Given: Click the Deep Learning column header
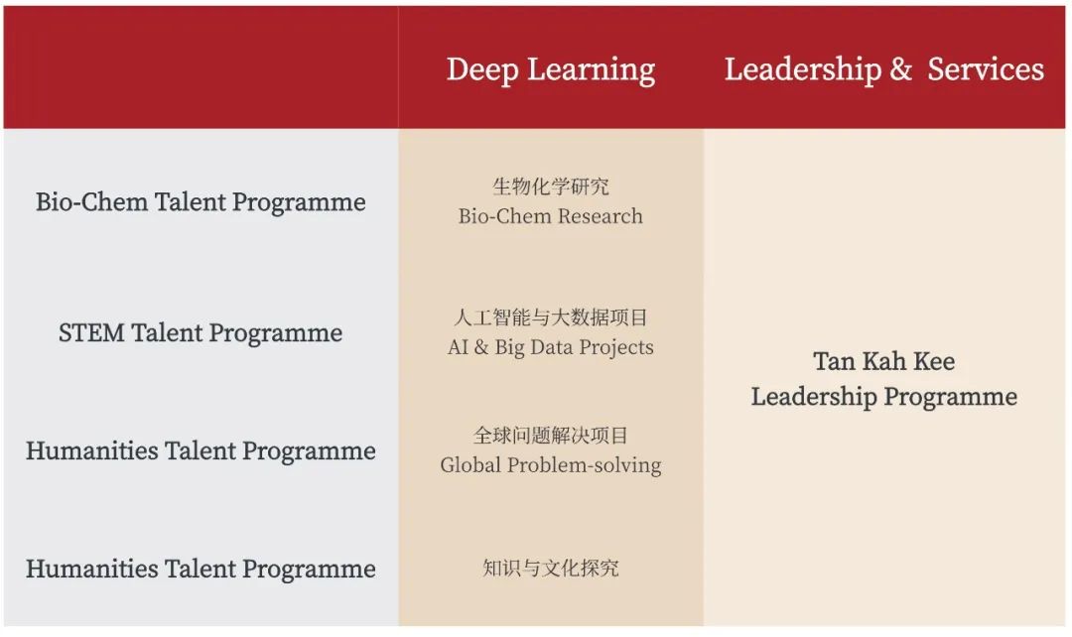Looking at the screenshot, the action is coord(551,69).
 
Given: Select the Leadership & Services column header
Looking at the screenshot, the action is coord(884,69).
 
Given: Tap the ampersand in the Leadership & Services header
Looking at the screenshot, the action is coord(900,68).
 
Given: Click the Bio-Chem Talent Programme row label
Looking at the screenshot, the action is coord(201,202).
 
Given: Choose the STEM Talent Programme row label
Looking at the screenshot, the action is coord(201,333).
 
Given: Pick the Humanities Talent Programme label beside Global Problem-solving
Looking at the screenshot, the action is coord(201,451).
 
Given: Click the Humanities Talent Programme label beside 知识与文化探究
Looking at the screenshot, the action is coord(201,569).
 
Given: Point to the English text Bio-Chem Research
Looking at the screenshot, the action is coord(550,216).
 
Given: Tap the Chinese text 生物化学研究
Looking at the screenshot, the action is coord(550,186).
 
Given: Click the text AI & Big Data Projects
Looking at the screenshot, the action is coord(550,347).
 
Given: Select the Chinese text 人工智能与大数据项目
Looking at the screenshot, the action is coord(550,318).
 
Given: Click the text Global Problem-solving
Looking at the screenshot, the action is coord(550,464).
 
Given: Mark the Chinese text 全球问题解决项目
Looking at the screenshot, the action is coord(550,436).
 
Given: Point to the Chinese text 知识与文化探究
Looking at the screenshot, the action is coord(550,568).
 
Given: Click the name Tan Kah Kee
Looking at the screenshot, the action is coord(884,361).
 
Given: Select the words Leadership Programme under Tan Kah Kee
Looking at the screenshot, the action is coord(884,397).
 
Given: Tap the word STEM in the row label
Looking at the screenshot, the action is coord(91,332).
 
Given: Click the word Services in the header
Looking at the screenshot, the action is coord(986,69).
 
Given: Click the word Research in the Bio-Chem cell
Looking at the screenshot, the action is coord(601,216).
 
